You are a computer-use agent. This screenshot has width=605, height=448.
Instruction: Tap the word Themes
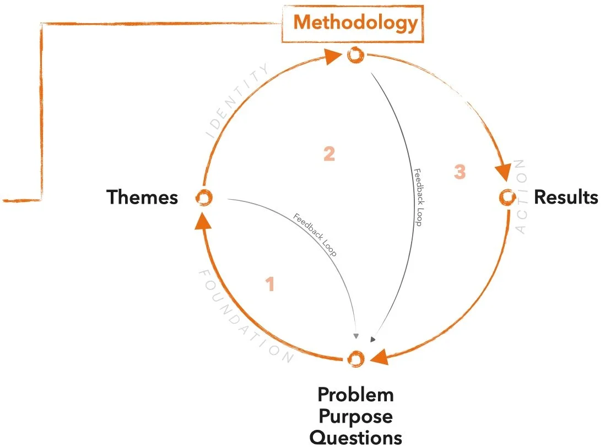[x=142, y=197]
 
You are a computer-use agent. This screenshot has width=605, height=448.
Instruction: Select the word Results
[x=566, y=197]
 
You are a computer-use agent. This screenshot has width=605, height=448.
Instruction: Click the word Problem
[x=355, y=395]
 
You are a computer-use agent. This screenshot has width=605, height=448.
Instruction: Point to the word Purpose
[x=355, y=416]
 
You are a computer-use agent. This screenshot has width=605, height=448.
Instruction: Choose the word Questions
[x=355, y=438]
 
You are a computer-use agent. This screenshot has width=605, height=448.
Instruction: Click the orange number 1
[x=269, y=285]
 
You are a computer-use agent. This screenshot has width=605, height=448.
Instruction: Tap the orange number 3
[x=460, y=172]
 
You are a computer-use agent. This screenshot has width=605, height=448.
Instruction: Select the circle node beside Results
[x=506, y=197]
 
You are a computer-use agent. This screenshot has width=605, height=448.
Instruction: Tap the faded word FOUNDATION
[x=242, y=318]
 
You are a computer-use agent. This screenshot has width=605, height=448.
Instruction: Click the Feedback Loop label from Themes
[x=315, y=235]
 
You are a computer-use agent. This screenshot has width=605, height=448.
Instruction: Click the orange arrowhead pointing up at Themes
[x=203, y=221]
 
